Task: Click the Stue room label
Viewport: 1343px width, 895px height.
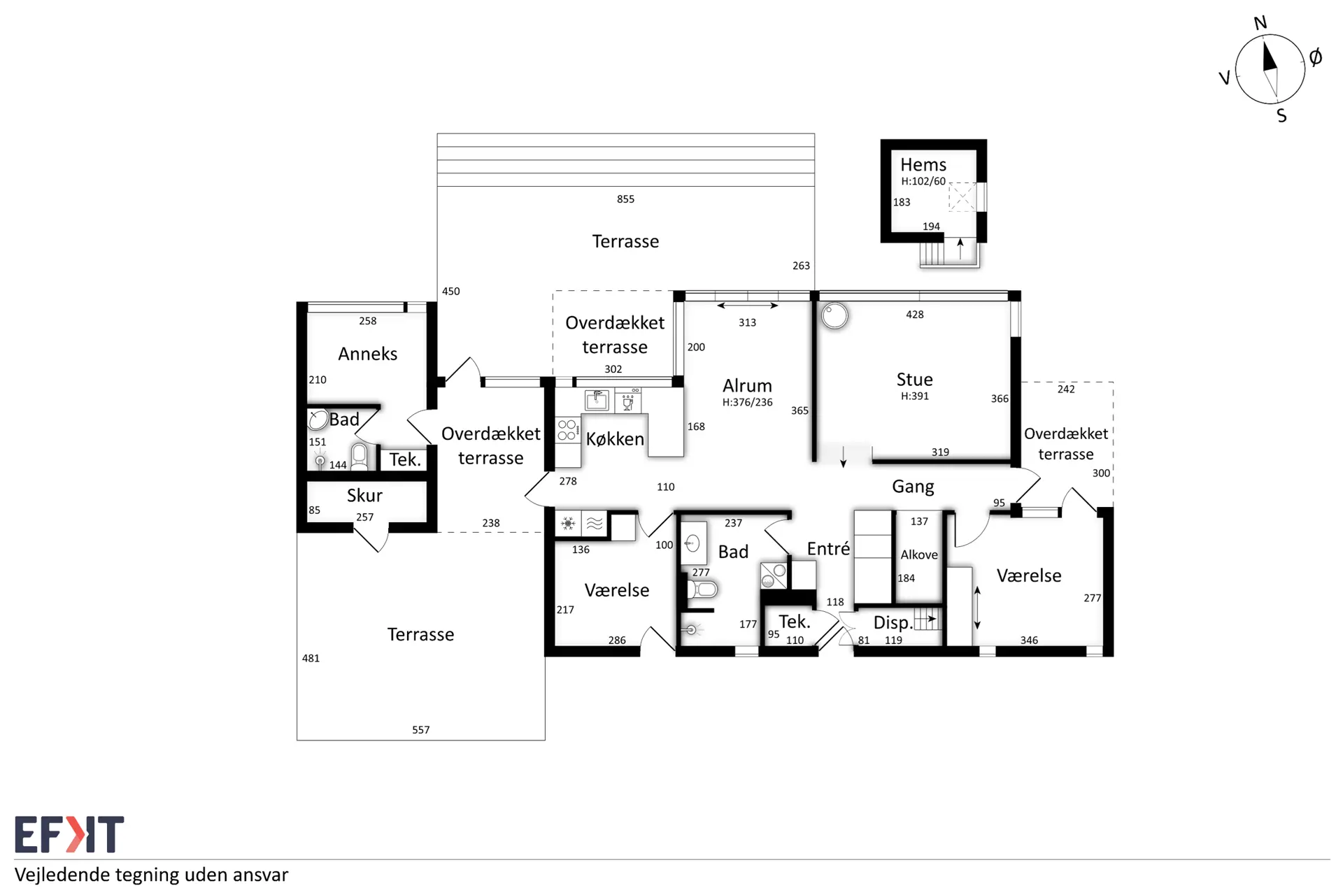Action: [x=914, y=380]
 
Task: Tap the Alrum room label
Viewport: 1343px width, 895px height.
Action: [x=747, y=386]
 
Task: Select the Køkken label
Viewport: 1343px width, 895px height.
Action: [x=615, y=439]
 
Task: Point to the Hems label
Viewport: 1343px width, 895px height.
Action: [x=923, y=165]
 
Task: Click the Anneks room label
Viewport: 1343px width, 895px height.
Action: [x=367, y=354]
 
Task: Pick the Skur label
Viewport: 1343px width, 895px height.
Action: [x=364, y=496]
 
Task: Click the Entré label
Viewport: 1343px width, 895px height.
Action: [x=828, y=549]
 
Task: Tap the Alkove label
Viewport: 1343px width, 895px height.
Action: [x=919, y=555]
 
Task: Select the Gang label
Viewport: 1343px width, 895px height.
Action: [x=913, y=487]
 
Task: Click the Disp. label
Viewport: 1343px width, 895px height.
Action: [x=893, y=623]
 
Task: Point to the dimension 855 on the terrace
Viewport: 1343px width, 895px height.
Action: [x=625, y=199]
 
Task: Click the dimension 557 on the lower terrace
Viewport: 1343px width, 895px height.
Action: [x=420, y=730]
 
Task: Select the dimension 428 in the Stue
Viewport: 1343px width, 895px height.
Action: [x=914, y=315]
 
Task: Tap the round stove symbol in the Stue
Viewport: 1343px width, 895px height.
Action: [x=834, y=315]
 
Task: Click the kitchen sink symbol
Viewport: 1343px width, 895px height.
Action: [x=597, y=401]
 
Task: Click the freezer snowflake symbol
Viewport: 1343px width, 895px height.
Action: [x=568, y=523]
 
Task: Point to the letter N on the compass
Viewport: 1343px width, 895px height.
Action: [x=1260, y=23]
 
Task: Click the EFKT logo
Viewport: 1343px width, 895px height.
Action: [x=69, y=834]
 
